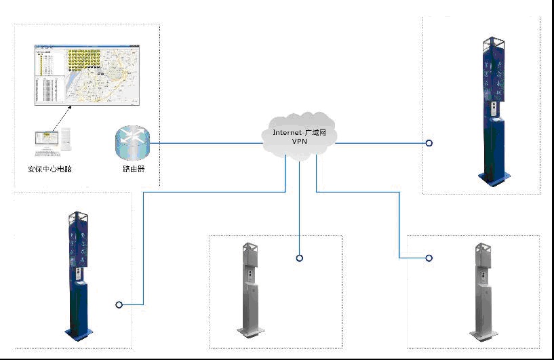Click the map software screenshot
89,75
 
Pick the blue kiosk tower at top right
494,108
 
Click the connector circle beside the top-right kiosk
429,143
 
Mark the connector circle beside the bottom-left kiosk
119,305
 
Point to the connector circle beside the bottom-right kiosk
429,258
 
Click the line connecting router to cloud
203,143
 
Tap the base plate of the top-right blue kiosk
494,178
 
